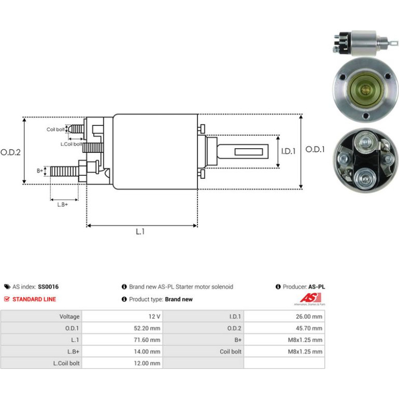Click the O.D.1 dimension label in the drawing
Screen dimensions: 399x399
pyautogui.click(x=315, y=149)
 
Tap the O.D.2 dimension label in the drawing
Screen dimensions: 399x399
pyautogui.click(x=10, y=152)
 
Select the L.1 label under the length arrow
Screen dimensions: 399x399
pyautogui.click(x=140, y=232)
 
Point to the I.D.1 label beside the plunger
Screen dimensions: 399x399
pyautogui.click(x=288, y=151)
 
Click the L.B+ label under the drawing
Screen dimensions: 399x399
pyautogui.click(x=63, y=205)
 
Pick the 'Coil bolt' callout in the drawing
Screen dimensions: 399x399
pyautogui.click(x=55, y=130)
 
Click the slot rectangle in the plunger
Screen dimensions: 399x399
pyautogui.click(x=249, y=152)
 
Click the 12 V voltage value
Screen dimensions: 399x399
pyautogui.click(x=154, y=317)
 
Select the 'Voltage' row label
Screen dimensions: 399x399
pyautogui.click(x=69, y=317)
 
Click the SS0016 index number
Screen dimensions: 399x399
pyautogui.click(x=48, y=287)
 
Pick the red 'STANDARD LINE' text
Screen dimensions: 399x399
pyautogui.click(x=34, y=300)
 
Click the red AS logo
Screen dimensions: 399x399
pyautogui.click(x=310, y=298)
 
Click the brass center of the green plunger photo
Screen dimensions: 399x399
pyautogui.click(x=366, y=89)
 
